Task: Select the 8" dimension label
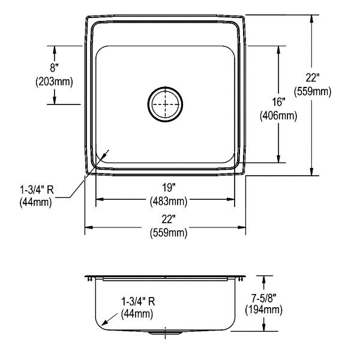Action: tap(54, 68)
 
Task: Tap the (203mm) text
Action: tap(54, 82)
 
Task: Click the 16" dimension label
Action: tap(278, 102)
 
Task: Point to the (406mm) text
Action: tap(278, 116)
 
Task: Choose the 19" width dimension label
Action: tap(169, 188)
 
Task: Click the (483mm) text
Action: tap(169, 202)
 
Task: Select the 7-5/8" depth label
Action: tap(264, 298)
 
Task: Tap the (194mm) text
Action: tap(264, 310)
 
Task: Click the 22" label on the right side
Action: tap(313, 77)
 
